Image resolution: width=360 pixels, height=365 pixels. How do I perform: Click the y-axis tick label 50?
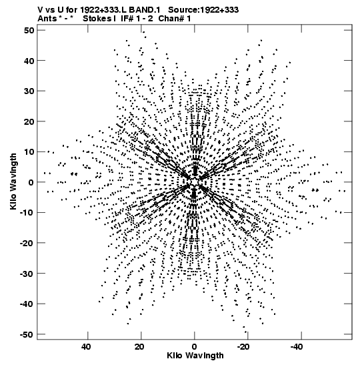click(29, 30)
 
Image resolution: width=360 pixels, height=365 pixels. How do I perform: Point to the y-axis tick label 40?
click(29, 61)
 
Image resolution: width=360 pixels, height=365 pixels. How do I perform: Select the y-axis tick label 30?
click(29, 91)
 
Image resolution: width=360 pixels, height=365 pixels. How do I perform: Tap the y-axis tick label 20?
click(29, 121)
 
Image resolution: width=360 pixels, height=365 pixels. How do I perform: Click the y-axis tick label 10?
click(29, 151)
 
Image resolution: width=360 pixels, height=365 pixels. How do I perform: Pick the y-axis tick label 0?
click(31, 182)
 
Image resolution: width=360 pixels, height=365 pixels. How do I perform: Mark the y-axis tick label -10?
click(27, 213)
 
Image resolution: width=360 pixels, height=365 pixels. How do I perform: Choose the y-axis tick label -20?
click(27, 243)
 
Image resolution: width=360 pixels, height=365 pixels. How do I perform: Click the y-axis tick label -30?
click(27, 274)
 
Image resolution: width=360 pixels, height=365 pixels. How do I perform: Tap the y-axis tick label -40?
click(27, 304)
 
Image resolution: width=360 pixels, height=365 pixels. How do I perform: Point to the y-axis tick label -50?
click(27, 334)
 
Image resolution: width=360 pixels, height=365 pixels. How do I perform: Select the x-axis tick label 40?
click(86, 346)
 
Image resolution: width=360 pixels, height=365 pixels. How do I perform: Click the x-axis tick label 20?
click(139, 346)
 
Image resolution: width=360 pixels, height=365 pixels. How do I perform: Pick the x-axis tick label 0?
click(195, 346)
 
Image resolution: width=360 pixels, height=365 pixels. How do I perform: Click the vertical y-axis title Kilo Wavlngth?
click(13, 181)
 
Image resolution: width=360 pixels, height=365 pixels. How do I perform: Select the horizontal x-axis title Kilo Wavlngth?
click(195, 356)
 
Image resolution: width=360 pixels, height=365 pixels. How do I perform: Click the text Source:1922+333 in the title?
click(203, 10)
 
